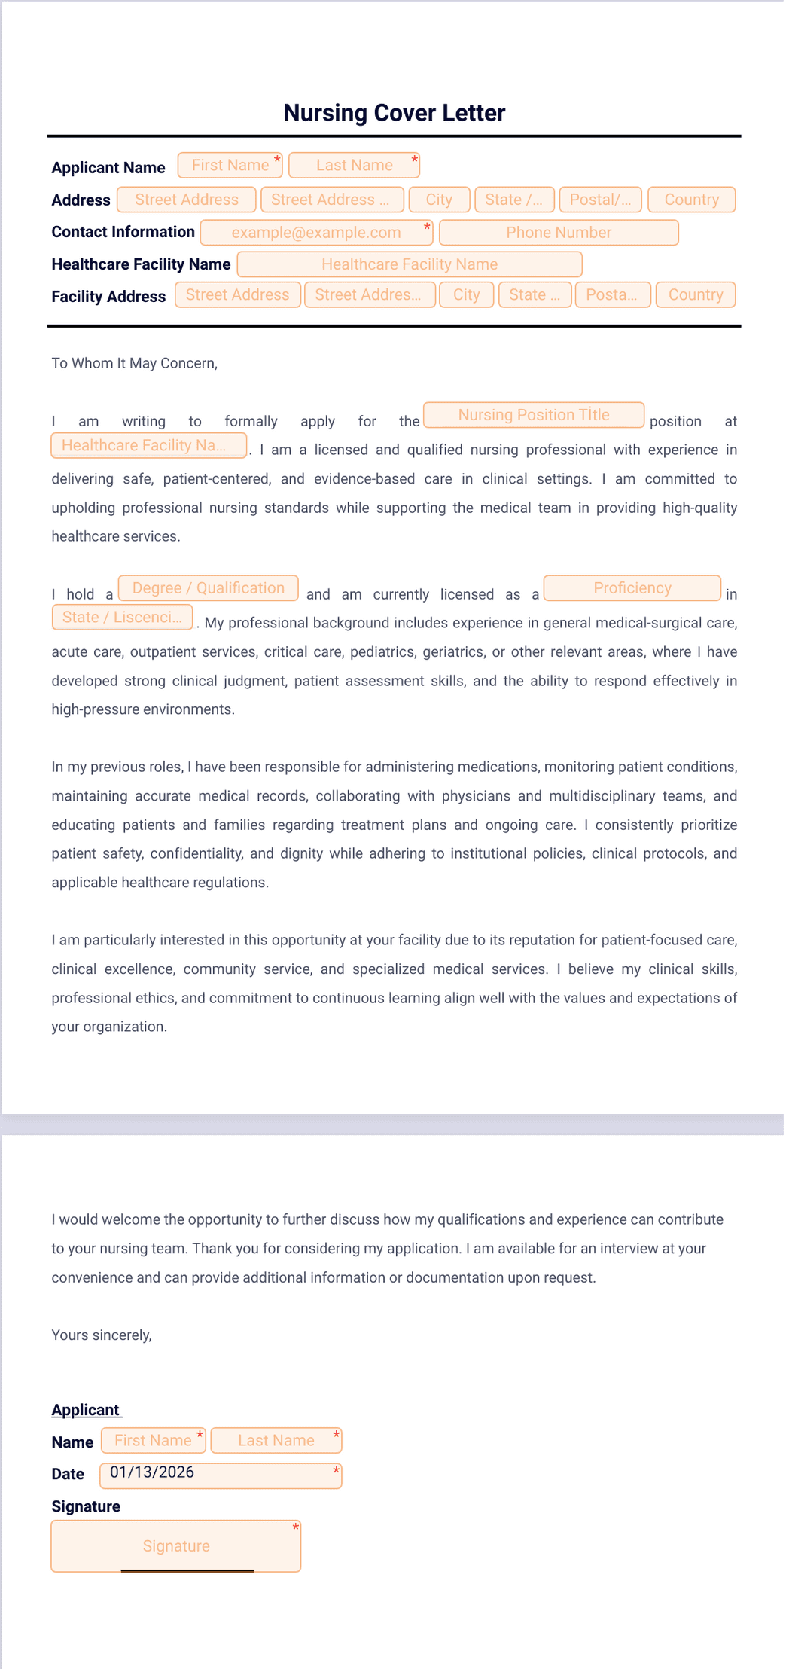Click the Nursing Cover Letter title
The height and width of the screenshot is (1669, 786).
coord(394,113)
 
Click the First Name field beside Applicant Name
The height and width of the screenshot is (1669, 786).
coord(230,166)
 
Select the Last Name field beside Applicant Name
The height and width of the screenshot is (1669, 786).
coord(354,166)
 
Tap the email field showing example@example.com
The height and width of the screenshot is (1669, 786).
coord(316,233)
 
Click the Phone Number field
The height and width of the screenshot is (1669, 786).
coord(559,233)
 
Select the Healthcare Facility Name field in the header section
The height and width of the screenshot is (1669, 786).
coord(410,264)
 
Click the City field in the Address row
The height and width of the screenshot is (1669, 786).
coord(439,200)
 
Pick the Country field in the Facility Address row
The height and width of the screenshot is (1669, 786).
coord(695,294)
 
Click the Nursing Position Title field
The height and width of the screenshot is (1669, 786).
coord(534,415)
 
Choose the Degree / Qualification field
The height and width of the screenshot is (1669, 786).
coord(209,588)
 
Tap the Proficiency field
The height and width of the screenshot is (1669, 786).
coord(632,588)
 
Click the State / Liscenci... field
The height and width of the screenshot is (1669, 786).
coord(122,618)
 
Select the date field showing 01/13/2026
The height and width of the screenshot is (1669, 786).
coord(221,1475)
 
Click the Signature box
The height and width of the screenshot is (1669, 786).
coord(176,1546)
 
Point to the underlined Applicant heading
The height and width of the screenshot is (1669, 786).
coord(86,1410)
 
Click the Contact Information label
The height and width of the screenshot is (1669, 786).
coord(123,232)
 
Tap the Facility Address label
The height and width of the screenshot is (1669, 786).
coord(108,297)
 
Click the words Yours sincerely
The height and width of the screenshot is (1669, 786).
coord(102,1335)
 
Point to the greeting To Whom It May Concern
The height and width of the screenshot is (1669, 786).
coord(134,363)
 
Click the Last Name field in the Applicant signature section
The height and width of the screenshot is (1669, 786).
coord(276,1441)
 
